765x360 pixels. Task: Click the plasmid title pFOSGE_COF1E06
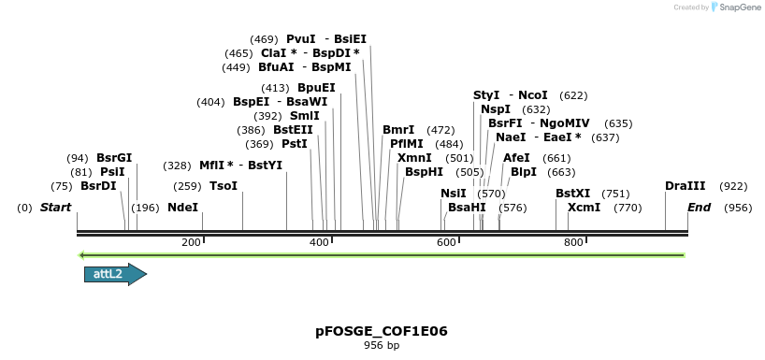point(382,331)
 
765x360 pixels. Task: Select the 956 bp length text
point(382,346)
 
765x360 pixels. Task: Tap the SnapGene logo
point(738,7)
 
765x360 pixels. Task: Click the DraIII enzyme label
point(685,186)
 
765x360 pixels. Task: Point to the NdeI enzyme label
point(183,208)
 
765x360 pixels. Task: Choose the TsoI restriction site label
point(224,186)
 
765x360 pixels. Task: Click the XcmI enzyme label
point(584,208)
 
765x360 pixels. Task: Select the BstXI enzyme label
point(572,194)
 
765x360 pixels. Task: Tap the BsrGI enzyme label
point(114,158)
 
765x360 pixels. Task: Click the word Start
point(55,208)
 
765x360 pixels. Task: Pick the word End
point(700,208)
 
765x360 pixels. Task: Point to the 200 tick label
point(192,243)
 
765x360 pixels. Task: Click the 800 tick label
point(572,243)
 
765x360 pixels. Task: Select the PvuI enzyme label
point(301,39)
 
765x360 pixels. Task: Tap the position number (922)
point(733,186)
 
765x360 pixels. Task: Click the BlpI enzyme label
point(523,172)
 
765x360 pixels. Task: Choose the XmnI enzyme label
point(414,158)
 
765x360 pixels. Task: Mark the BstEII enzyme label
point(293,130)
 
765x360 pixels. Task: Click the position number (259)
point(187,186)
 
